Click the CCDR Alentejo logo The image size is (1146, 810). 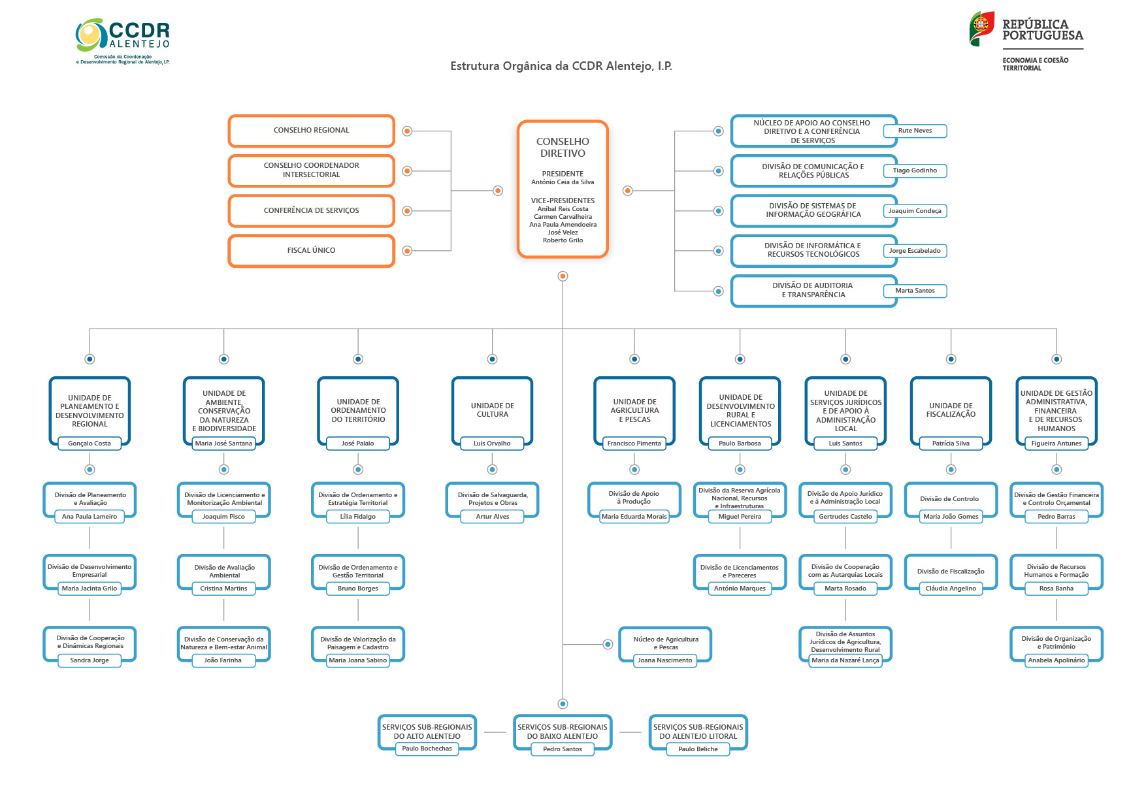click(123, 41)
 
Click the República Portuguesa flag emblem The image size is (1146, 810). click(981, 29)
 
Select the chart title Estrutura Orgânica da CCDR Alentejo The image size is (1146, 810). click(561, 66)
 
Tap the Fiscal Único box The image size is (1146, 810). click(312, 251)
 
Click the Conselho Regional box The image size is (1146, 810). click(312, 131)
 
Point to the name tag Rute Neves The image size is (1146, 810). click(915, 131)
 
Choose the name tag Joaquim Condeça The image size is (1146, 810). click(915, 211)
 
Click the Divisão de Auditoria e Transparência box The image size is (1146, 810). click(813, 291)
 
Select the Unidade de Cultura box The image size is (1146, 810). click(493, 411)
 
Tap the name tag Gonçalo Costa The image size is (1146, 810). click(90, 444)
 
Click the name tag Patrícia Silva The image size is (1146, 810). click(951, 444)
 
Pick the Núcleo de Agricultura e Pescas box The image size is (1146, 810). click(665, 644)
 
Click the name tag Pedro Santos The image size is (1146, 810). click(563, 749)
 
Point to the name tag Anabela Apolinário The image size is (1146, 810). click(1056, 660)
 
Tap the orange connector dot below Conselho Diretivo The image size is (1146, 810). click(563, 276)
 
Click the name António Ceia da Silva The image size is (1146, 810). click(563, 182)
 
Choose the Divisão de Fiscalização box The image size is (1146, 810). click(951, 572)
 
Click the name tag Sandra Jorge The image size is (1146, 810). click(90, 660)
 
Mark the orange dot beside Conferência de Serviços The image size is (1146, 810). click(407, 211)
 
